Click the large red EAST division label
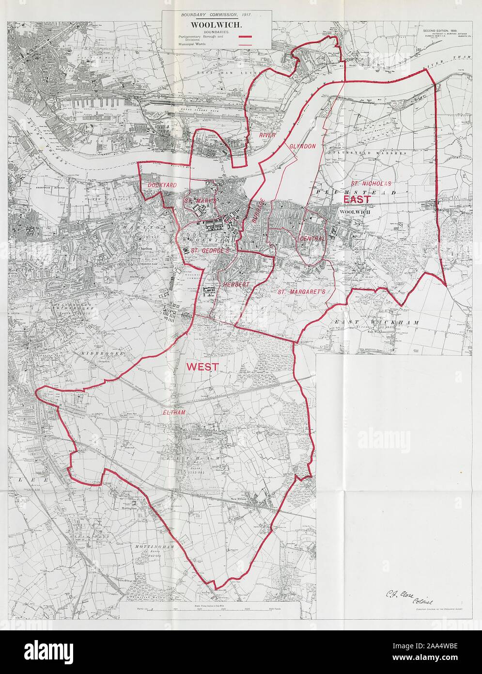357,199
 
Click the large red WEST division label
202,367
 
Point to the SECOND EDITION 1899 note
442,31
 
